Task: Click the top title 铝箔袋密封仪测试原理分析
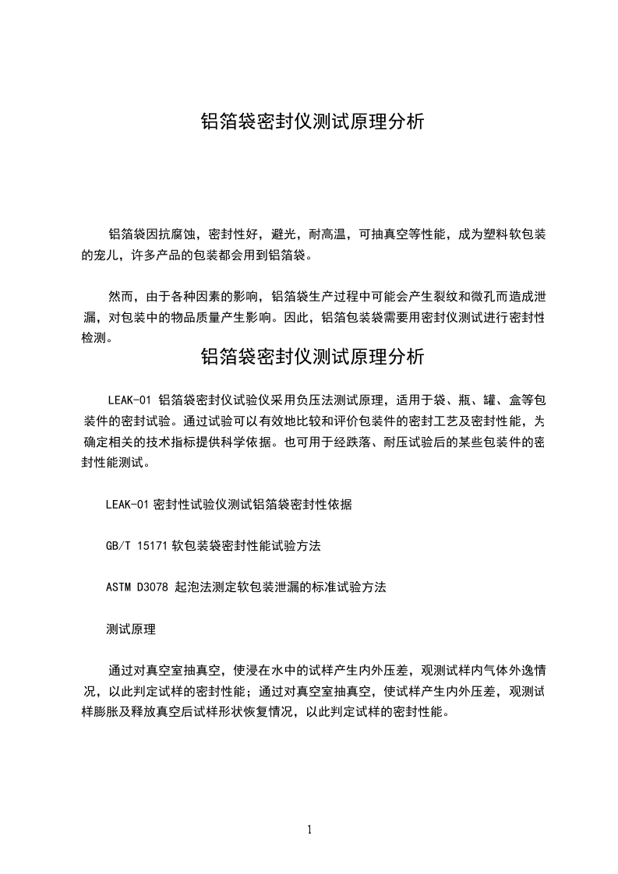(x=313, y=122)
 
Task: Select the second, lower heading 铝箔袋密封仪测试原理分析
(x=313, y=357)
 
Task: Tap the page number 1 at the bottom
(x=309, y=830)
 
